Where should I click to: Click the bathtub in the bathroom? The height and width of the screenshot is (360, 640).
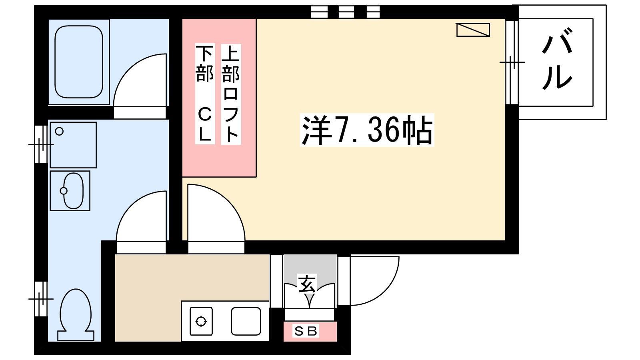pos(79,62)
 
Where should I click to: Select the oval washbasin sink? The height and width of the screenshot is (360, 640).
pos(73,190)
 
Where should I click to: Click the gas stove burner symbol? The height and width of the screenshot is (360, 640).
pos(201,321)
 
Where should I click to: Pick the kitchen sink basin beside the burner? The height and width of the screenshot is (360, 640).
pos(246,321)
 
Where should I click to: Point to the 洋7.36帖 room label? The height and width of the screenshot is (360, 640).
pos(367,130)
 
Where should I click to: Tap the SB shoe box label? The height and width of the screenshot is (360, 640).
pos(306,332)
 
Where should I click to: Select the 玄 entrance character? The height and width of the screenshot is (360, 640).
pos(307,284)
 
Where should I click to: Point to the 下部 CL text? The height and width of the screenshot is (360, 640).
pos(205,94)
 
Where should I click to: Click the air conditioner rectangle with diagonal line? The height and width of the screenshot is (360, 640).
pos(473,30)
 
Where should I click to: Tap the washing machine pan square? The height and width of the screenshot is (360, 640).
pos(73,145)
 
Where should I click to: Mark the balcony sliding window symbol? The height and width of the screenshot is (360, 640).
pos(512,62)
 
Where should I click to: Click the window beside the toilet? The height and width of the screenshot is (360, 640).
pos(41,299)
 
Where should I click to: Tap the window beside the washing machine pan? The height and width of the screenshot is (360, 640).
pos(41,144)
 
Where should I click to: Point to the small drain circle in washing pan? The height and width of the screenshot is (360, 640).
pos(59,132)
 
